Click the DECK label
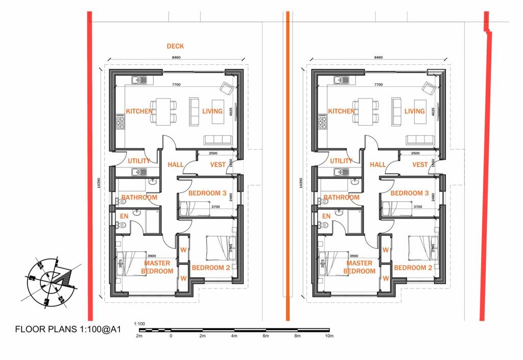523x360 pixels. [x=175, y=46]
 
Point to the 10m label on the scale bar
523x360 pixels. [x=328, y=336]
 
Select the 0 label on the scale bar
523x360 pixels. [x=171, y=336]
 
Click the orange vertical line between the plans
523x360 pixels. [x=288, y=163]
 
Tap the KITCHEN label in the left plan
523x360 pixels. [x=139, y=111]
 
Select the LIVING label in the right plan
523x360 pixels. [x=414, y=111]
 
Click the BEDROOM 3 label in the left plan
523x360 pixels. [x=207, y=193]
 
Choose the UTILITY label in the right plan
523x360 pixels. [x=341, y=161]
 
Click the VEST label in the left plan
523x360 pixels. [x=218, y=164]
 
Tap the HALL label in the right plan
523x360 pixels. [x=377, y=164]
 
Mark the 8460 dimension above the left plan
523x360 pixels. [x=176, y=58]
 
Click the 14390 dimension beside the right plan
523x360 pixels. [x=300, y=184]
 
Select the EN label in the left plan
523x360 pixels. [x=124, y=217]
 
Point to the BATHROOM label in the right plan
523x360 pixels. [x=341, y=198]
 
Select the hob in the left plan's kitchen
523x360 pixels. [x=121, y=123]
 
